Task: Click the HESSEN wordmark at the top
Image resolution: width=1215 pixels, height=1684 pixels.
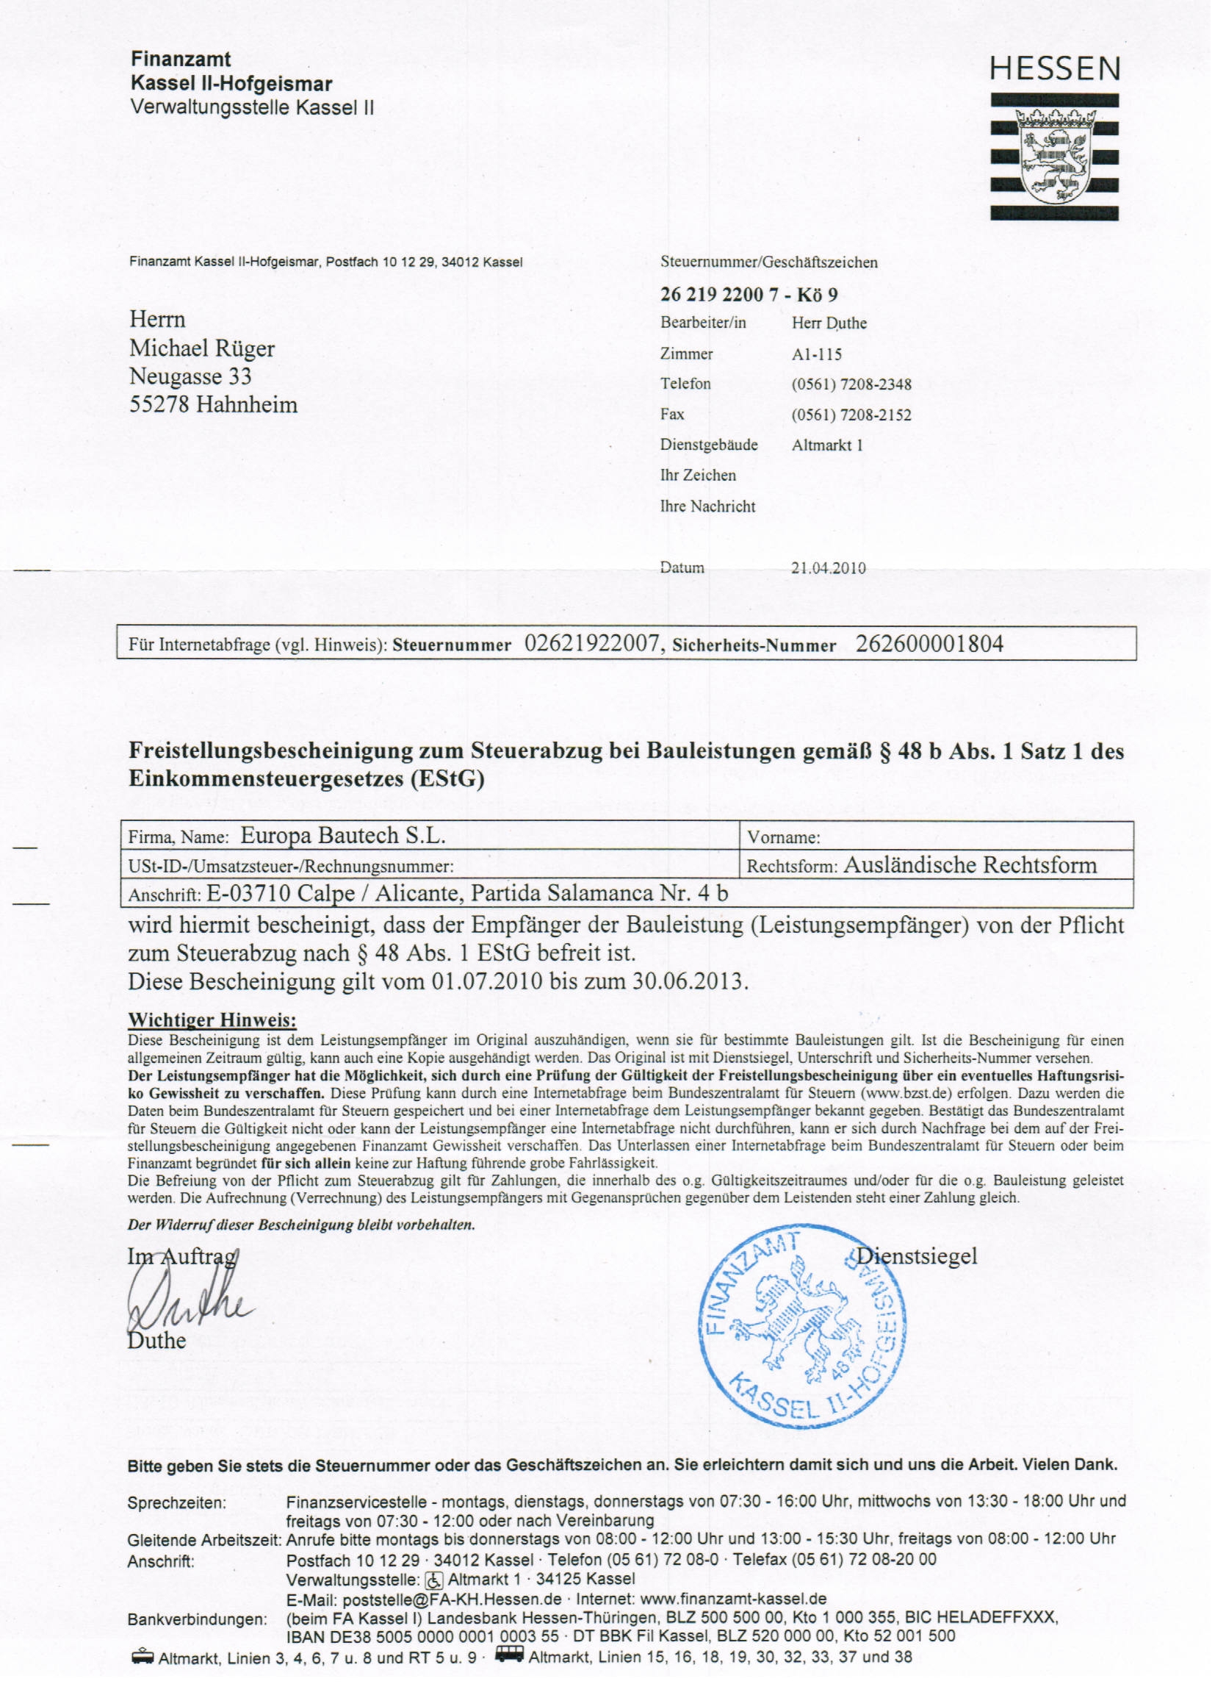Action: coord(1054,69)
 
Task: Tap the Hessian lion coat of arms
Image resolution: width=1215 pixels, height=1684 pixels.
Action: coord(1054,157)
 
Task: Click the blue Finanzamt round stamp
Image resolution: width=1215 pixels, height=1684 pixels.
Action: coord(801,1326)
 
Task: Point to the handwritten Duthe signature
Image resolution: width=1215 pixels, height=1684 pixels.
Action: coord(186,1298)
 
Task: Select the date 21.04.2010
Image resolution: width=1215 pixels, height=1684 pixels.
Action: coord(829,568)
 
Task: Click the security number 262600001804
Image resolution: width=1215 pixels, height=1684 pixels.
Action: coord(929,644)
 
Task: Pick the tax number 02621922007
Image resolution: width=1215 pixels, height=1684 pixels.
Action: coord(591,644)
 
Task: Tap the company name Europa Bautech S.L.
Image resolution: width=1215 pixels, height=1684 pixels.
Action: coord(343,836)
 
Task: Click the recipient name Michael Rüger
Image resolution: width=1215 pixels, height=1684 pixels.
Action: coord(202,348)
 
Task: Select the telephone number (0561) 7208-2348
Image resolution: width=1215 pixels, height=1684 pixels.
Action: coord(851,384)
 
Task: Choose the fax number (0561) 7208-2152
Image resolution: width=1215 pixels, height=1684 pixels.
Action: coord(851,415)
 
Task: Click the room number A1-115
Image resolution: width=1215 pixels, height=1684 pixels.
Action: coord(816,354)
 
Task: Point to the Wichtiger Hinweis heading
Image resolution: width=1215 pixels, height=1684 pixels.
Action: coord(212,1020)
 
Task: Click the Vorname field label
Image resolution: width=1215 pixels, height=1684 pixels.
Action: coord(784,837)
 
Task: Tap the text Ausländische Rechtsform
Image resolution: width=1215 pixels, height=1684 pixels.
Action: coord(970,865)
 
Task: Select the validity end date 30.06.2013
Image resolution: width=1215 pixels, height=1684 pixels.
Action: coord(688,981)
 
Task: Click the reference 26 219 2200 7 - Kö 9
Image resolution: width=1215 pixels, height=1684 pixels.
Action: coord(749,295)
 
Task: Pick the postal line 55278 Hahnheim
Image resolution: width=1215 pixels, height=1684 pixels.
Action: coord(214,405)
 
